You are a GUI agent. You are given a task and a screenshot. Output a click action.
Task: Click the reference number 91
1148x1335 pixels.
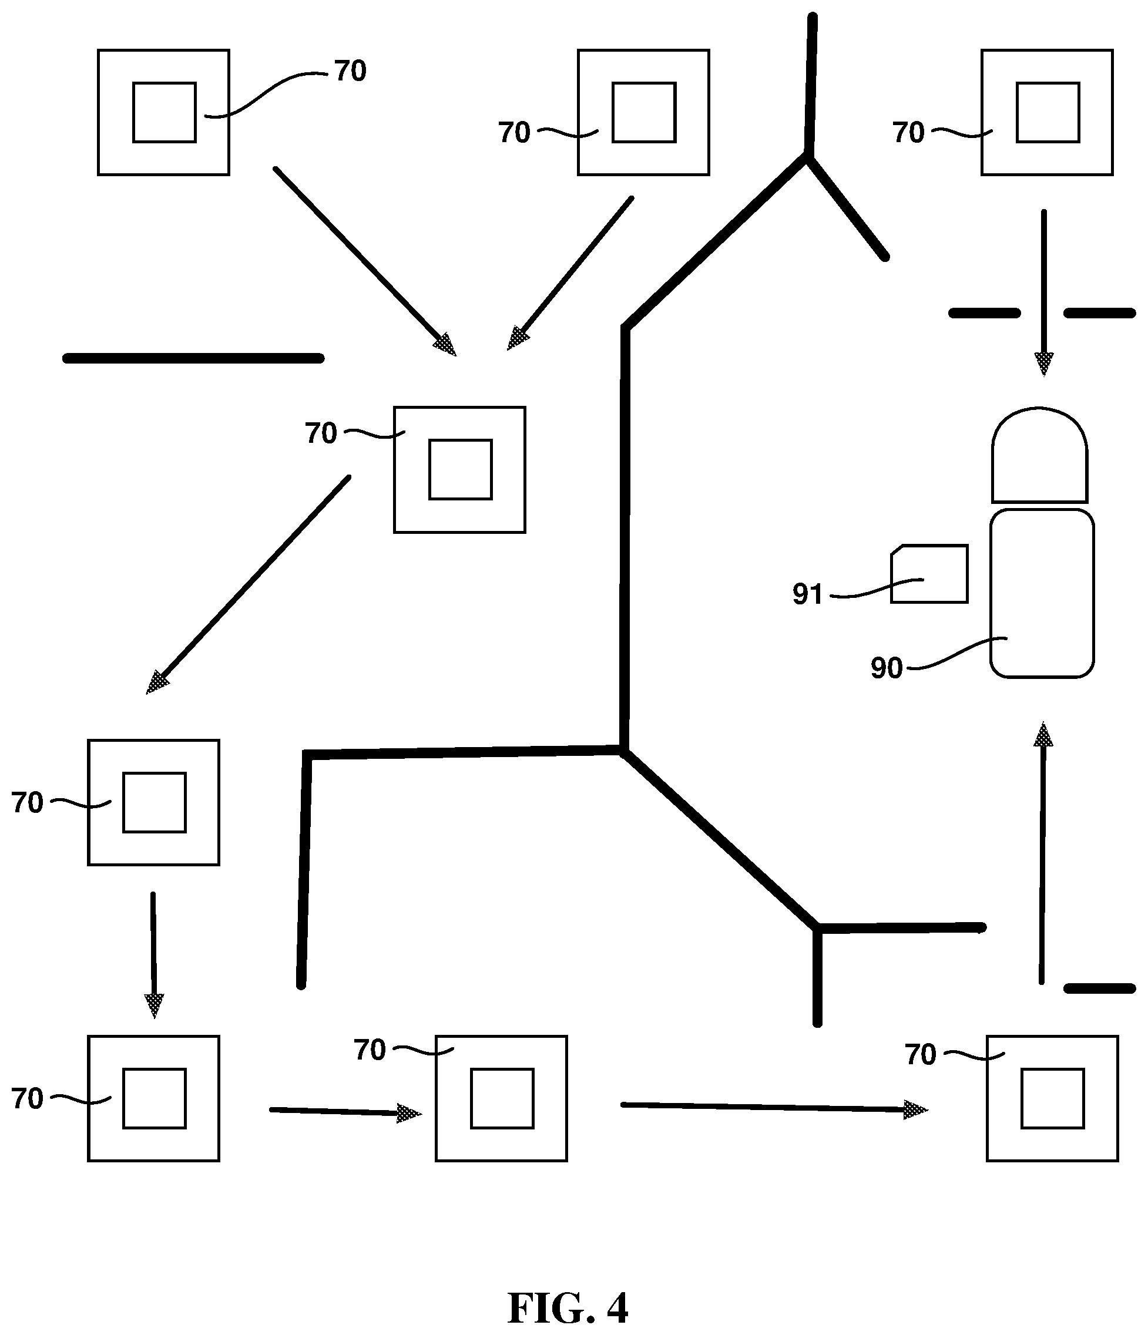[808, 594]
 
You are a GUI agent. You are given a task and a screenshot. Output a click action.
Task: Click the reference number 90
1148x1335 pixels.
[887, 668]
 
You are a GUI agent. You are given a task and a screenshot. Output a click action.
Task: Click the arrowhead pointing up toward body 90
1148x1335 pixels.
[1043, 735]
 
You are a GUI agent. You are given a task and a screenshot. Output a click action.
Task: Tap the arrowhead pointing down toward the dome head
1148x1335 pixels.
[1043, 364]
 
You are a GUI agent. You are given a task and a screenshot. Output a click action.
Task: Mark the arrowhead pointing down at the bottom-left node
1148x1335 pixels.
[154, 1006]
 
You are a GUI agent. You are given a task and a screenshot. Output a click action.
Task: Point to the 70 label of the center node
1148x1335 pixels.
[321, 433]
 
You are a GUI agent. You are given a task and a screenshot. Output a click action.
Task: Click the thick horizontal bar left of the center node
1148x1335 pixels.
[193, 358]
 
